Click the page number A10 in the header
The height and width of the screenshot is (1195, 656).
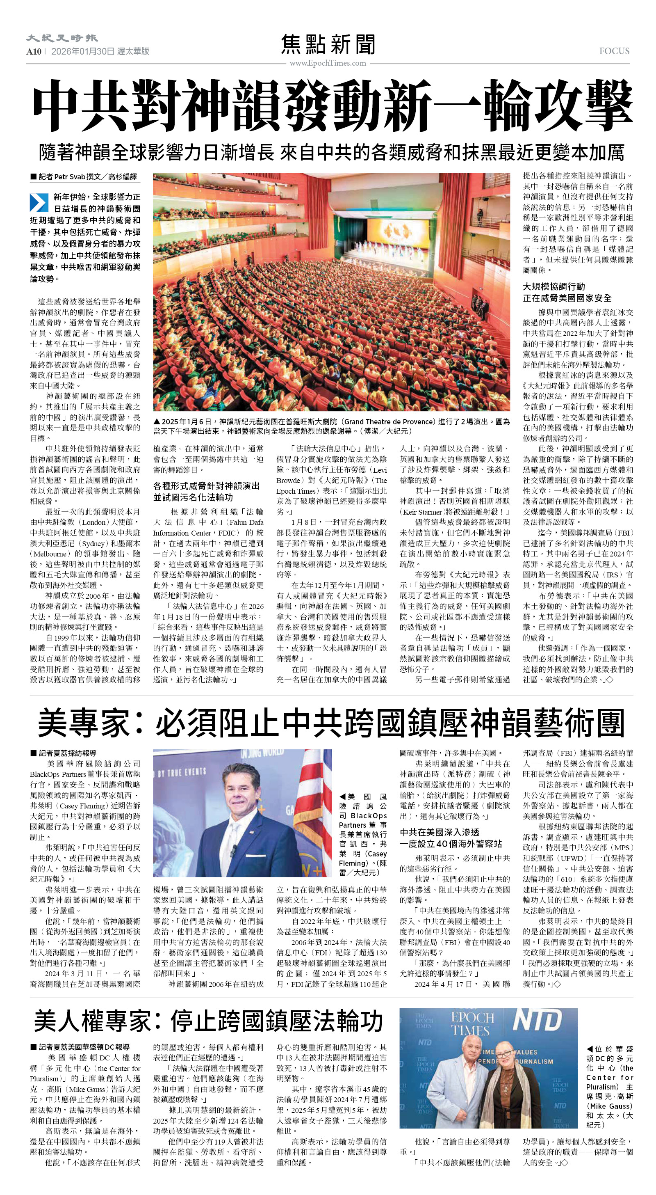(34, 51)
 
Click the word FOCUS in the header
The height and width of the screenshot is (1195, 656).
(614, 51)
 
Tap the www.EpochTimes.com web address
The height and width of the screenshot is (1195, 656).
(328, 63)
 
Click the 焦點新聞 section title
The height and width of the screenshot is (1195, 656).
(328, 45)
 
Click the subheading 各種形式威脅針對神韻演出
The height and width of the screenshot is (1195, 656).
(206, 486)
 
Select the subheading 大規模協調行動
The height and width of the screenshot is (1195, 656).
(553, 286)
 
